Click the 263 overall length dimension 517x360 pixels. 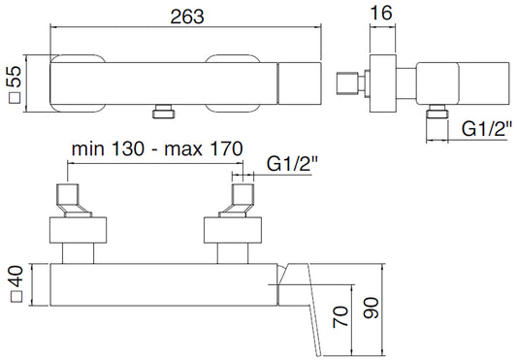pos(187,16)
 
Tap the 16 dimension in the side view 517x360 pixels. pos(382,14)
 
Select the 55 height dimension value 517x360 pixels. pos(16,77)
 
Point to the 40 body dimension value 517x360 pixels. pos(16,277)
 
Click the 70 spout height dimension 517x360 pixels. pos(340,316)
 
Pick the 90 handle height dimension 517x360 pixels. pos(371,308)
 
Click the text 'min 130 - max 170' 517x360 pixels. pos(157,148)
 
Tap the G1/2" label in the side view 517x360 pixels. pos(486,129)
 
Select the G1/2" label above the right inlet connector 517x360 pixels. pos(291,163)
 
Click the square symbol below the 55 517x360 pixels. pos(15,98)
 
